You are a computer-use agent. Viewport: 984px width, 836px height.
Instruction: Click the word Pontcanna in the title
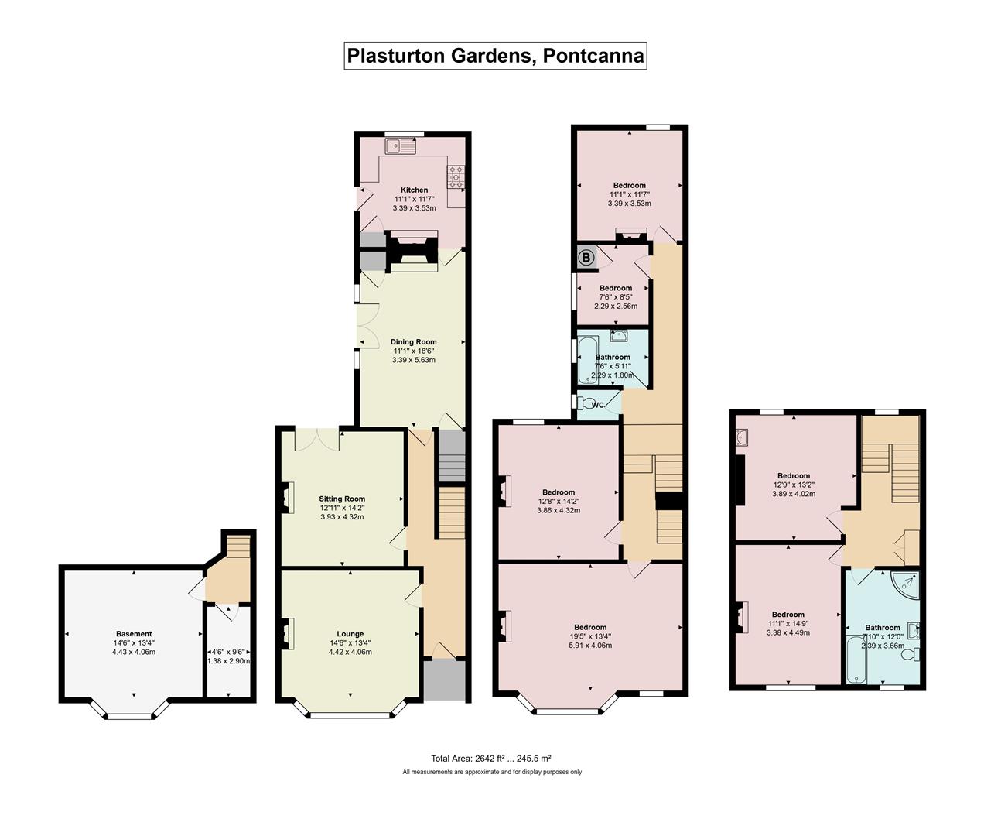(x=593, y=56)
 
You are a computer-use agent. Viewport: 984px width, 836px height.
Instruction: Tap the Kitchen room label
(x=414, y=190)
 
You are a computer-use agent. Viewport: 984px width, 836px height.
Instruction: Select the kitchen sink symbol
(x=401, y=146)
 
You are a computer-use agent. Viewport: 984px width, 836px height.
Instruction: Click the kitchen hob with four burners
(x=456, y=177)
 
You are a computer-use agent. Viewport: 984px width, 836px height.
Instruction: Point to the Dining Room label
(x=413, y=342)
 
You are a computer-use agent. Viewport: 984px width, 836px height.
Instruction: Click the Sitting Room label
(x=342, y=499)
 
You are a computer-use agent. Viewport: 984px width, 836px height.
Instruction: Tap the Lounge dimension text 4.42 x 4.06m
(x=350, y=652)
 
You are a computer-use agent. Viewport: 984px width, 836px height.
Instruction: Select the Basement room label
(x=134, y=634)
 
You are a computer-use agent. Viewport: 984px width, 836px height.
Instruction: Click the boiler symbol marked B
(x=586, y=259)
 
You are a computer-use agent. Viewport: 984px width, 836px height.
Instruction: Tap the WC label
(x=597, y=406)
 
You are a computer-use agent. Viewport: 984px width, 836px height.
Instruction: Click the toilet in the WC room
(x=583, y=404)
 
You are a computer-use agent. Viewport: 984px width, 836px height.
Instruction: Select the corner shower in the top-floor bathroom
(x=904, y=586)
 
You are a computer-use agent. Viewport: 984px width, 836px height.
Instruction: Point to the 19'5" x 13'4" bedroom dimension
(x=590, y=636)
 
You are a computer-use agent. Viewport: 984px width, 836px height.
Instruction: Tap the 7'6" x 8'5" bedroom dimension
(x=616, y=297)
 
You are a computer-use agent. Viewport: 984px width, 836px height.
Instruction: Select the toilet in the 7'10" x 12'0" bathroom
(x=911, y=655)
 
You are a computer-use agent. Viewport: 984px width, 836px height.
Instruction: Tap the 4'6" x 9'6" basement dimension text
(x=228, y=652)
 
